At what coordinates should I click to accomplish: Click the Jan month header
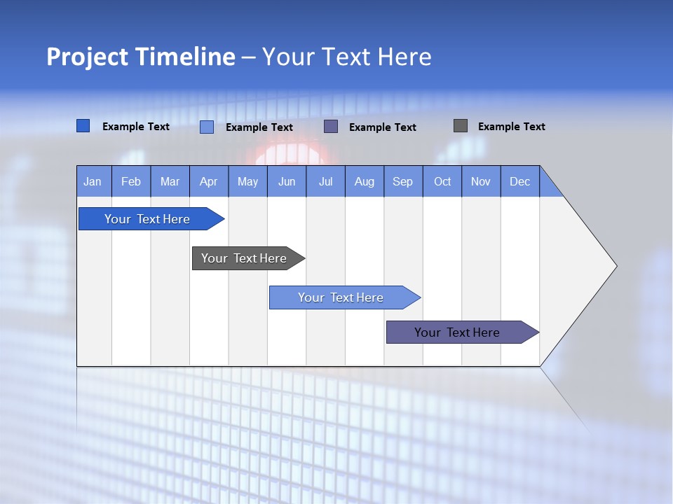click(93, 181)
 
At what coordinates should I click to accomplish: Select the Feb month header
click(131, 181)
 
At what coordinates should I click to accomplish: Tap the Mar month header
click(170, 181)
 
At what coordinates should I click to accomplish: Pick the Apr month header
click(209, 181)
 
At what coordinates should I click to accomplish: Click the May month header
click(247, 181)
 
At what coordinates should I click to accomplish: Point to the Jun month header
click(287, 181)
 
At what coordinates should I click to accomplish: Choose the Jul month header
click(325, 181)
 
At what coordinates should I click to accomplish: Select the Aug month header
click(365, 181)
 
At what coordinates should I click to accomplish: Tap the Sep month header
click(403, 181)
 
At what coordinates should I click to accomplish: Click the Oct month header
click(442, 181)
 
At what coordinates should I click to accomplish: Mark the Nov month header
click(481, 181)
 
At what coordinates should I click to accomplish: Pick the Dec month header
click(520, 181)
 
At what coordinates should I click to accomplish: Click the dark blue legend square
click(83, 126)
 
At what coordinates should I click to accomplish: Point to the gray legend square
click(461, 126)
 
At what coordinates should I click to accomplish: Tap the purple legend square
click(331, 127)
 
